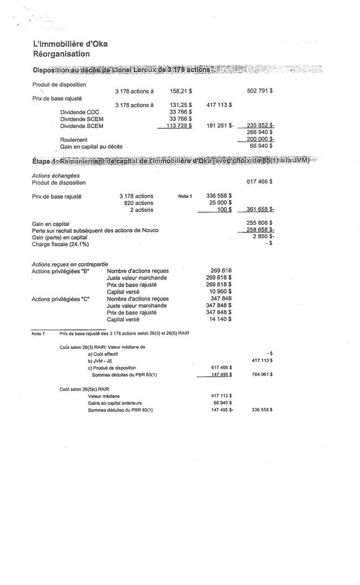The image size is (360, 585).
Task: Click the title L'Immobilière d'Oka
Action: click(x=70, y=44)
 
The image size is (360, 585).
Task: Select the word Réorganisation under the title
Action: click(x=61, y=54)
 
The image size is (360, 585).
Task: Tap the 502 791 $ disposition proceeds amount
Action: click(x=259, y=91)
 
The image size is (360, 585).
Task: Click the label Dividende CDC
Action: click(x=80, y=112)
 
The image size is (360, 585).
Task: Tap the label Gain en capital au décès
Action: click(x=91, y=146)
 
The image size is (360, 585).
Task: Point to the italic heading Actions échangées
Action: click(x=56, y=175)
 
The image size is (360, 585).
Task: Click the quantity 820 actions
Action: click(x=138, y=203)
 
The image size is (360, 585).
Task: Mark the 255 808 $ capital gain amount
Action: click(x=260, y=223)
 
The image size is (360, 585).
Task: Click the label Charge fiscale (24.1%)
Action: click(x=60, y=244)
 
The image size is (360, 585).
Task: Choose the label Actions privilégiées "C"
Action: click(x=61, y=298)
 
